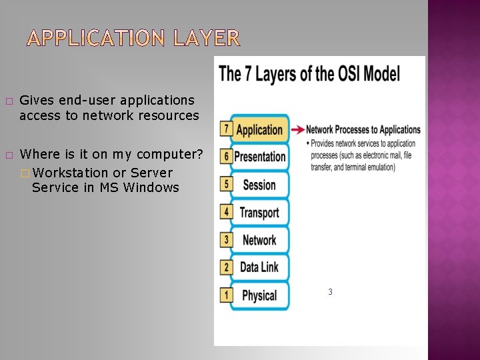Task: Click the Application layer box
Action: pyautogui.click(x=260, y=130)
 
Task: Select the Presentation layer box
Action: pyautogui.click(x=260, y=157)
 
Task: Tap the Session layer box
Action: pyautogui.click(x=260, y=185)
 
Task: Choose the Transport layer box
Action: pyautogui.click(x=260, y=213)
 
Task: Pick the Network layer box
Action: pyautogui.click(x=260, y=240)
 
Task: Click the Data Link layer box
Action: pyautogui.click(x=260, y=267)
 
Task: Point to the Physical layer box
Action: pyautogui.click(x=260, y=295)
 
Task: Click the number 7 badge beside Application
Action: pyautogui.click(x=227, y=129)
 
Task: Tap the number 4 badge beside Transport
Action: pyautogui.click(x=227, y=212)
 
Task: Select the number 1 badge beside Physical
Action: pyautogui.click(x=227, y=294)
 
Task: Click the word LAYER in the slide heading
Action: pyautogui.click(x=206, y=39)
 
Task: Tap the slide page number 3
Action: pyautogui.click(x=330, y=292)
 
